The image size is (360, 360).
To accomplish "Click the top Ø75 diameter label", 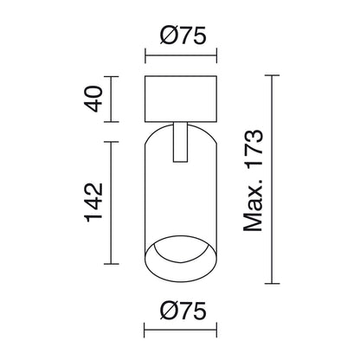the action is (183, 35).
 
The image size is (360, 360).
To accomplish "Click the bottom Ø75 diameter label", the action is (183, 311).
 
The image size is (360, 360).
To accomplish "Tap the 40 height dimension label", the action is (94, 99).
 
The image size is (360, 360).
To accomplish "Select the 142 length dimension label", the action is (94, 202).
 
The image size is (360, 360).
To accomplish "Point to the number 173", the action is (254, 149).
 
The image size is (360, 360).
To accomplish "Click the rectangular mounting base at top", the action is (181, 99).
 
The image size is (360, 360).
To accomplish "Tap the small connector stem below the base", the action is (180, 142).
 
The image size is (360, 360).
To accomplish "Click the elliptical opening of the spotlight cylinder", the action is (180, 259).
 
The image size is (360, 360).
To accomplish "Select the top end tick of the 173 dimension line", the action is (272, 75).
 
